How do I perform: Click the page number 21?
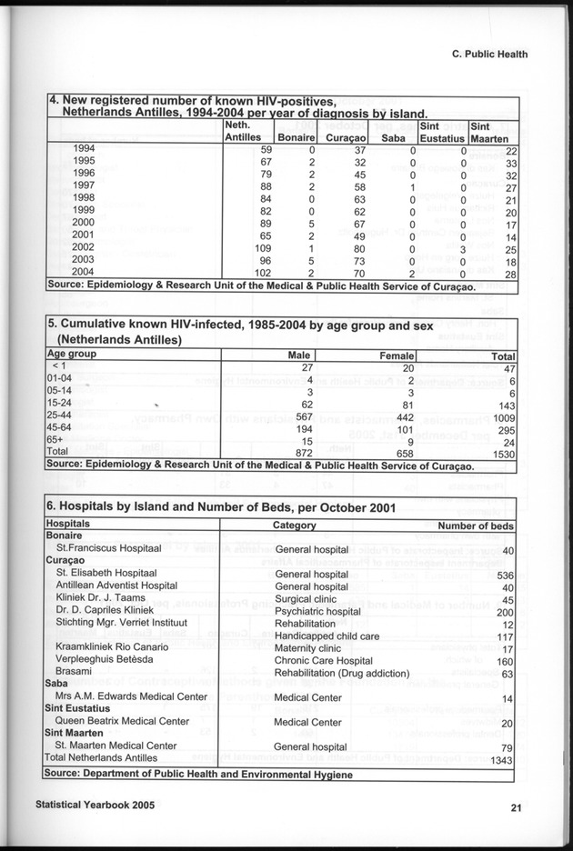(x=515, y=806)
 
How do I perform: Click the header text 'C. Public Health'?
(x=489, y=54)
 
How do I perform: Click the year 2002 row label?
(x=84, y=246)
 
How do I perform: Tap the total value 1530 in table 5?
(x=503, y=452)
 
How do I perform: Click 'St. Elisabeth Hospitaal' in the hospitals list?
(x=106, y=574)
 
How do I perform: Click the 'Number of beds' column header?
(x=476, y=526)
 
